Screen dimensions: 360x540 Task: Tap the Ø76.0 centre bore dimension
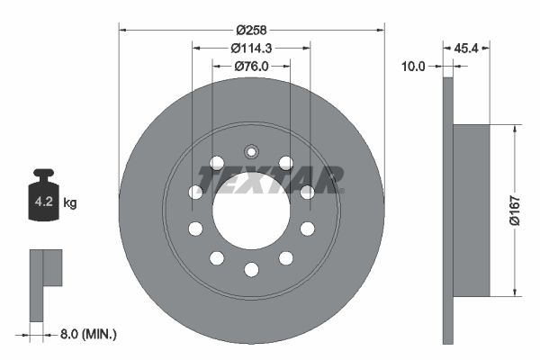click(252, 66)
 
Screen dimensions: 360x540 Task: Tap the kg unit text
click(70, 202)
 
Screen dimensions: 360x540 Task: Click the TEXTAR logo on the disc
click(270, 180)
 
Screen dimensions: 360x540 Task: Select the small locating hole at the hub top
click(251, 151)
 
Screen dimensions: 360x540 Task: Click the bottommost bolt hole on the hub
click(251, 269)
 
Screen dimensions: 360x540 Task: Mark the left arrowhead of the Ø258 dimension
click(122, 30)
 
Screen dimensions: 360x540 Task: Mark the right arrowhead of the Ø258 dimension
click(381, 30)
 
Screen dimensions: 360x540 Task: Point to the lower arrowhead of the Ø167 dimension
click(514, 292)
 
